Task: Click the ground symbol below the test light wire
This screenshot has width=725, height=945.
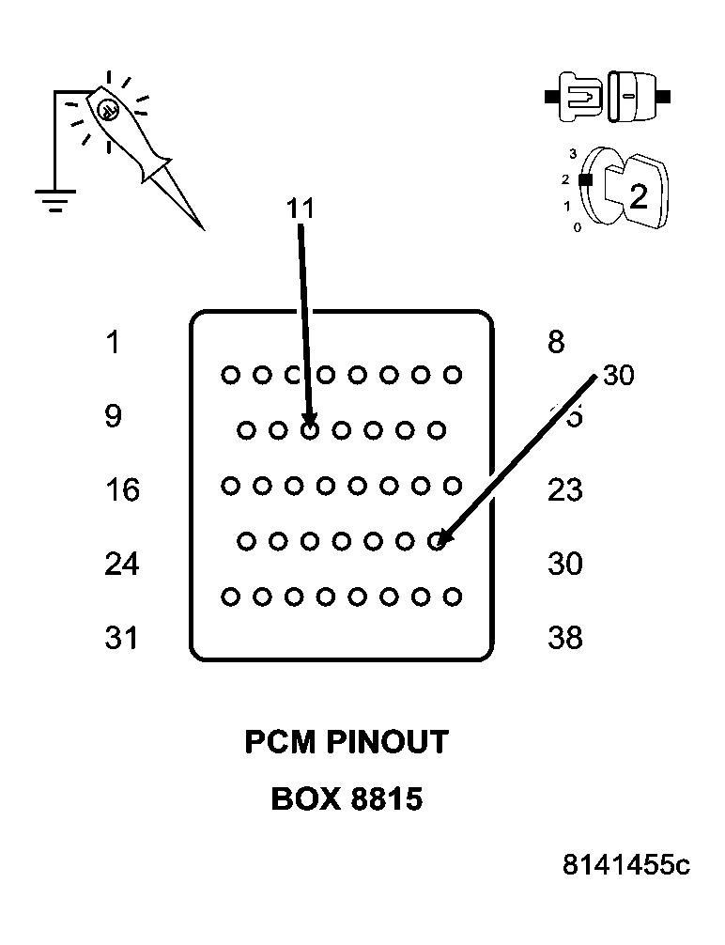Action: click(x=54, y=199)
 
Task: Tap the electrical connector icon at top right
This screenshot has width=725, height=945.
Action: click(x=608, y=96)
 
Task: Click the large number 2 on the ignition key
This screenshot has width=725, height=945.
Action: click(x=638, y=196)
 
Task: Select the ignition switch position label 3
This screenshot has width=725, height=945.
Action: click(x=573, y=153)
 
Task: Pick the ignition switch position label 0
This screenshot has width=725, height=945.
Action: click(x=577, y=227)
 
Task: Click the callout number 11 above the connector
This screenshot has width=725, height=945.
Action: click(x=300, y=209)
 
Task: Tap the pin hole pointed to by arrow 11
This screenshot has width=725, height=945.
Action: click(x=310, y=430)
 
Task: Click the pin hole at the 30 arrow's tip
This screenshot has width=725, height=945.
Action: click(x=437, y=541)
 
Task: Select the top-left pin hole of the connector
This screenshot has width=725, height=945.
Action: click(x=229, y=376)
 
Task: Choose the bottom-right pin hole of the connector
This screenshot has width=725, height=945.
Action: click(x=453, y=596)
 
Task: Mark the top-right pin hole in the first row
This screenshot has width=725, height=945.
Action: click(x=453, y=376)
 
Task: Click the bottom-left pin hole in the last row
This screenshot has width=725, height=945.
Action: click(x=229, y=596)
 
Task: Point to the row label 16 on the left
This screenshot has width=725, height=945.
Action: click(x=121, y=489)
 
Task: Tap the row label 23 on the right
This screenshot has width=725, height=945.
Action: click(x=564, y=489)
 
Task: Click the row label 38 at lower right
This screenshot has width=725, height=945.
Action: click(x=564, y=638)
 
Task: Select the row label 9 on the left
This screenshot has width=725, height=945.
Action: click(x=113, y=416)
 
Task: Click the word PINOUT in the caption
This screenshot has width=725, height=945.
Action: click(x=387, y=742)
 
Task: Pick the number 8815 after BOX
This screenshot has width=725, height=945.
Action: click(x=386, y=799)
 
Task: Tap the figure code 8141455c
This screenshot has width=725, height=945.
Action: click(x=626, y=864)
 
